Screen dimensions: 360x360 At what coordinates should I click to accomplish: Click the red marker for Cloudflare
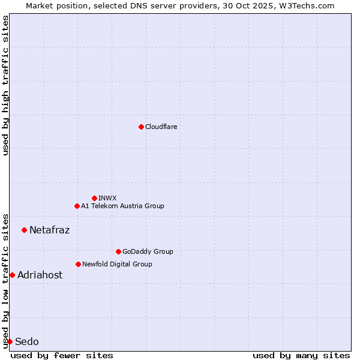click(x=141, y=127)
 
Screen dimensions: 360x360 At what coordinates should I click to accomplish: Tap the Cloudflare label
click(x=161, y=127)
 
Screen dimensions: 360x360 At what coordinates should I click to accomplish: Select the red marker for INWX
click(x=94, y=198)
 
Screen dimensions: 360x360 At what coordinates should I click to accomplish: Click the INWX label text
click(x=107, y=198)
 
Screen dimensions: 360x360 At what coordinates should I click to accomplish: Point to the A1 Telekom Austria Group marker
click(x=77, y=206)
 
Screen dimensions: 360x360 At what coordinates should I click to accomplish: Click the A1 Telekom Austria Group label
click(x=122, y=206)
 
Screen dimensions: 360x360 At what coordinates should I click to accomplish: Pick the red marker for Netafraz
click(x=24, y=230)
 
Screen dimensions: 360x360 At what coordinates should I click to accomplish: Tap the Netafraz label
click(x=49, y=230)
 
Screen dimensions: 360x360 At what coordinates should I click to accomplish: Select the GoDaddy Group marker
click(x=118, y=251)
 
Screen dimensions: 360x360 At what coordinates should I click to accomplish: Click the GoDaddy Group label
click(x=148, y=251)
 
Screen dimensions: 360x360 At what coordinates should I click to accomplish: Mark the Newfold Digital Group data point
click(x=78, y=264)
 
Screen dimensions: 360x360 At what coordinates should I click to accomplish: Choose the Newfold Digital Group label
click(x=117, y=264)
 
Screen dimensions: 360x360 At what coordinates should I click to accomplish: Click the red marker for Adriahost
click(x=12, y=275)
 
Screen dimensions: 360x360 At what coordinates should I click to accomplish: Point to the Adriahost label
click(x=40, y=275)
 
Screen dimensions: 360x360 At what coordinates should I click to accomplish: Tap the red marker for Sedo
click(x=10, y=341)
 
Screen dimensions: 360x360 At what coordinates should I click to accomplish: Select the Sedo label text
click(x=27, y=341)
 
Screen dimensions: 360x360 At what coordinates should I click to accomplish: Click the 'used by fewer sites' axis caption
click(x=62, y=355)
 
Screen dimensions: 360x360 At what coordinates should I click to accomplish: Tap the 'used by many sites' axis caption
click(x=301, y=355)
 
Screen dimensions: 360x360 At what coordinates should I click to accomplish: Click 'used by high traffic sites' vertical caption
click(x=5, y=85)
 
